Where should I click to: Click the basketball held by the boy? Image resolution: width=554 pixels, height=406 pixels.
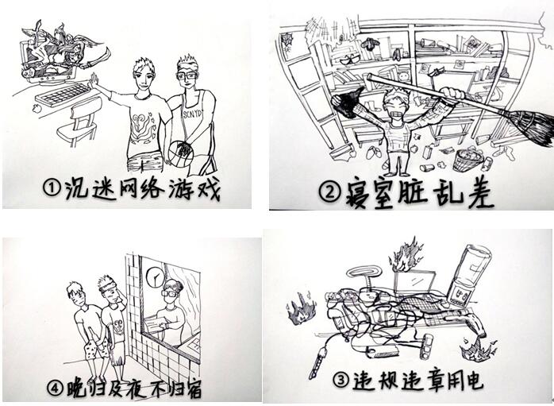[x=180, y=154]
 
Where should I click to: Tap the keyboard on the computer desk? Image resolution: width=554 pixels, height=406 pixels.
[x=64, y=95]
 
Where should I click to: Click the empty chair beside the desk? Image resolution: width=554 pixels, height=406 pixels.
[x=78, y=122]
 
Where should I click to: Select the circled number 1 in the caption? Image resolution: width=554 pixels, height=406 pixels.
[x=52, y=188]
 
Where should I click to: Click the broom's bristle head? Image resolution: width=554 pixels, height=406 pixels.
[x=529, y=128]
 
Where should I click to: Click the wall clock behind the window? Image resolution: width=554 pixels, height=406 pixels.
[x=156, y=277]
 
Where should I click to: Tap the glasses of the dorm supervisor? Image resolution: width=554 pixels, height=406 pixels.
[x=168, y=293]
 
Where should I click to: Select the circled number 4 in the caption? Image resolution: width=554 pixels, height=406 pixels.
[x=56, y=389]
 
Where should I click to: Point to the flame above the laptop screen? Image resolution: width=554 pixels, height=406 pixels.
[x=406, y=255]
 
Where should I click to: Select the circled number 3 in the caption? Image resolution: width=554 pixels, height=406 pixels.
[x=340, y=381]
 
